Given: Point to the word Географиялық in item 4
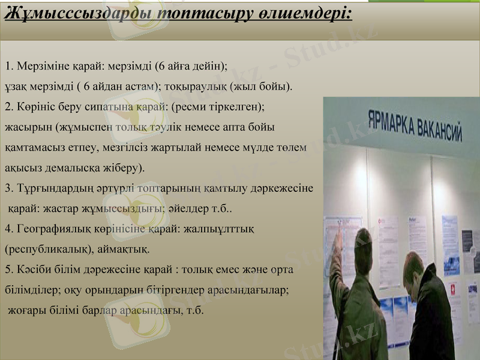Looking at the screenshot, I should tap(51, 229).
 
